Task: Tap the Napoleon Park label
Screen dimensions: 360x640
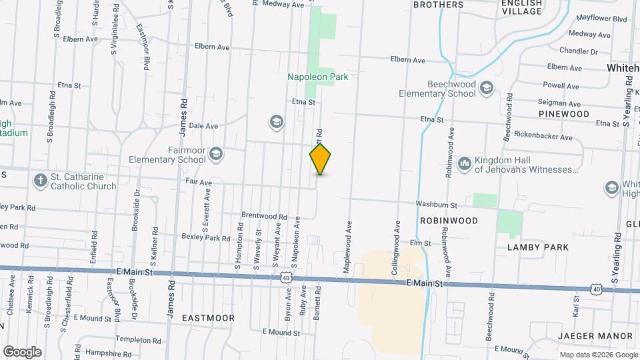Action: (x=318, y=77)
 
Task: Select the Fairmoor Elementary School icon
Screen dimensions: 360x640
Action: (x=215, y=155)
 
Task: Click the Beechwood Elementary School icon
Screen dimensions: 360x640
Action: (x=487, y=89)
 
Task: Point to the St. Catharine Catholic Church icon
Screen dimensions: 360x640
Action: (x=41, y=181)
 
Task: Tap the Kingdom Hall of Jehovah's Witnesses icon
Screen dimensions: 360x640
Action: (x=465, y=163)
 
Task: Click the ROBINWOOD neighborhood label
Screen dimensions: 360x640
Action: (x=449, y=220)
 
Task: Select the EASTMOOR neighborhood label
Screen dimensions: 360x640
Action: (x=208, y=318)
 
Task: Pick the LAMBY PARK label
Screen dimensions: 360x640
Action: (x=538, y=247)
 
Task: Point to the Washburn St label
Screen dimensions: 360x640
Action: (x=436, y=205)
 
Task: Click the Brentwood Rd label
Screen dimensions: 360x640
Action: (x=263, y=217)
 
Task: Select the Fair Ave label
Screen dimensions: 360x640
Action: (x=199, y=182)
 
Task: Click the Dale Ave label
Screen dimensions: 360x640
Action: (x=203, y=125)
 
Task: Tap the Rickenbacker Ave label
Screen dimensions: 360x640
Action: (x=548, y=138)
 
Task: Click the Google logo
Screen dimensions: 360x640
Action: (x=22, y=351)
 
